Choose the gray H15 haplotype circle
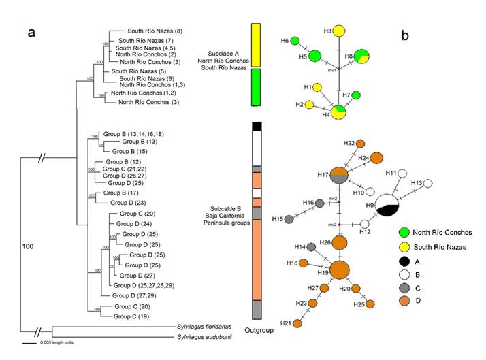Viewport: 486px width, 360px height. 288,219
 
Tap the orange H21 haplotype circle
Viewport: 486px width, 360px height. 297,323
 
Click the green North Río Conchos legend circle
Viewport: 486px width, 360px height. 403,233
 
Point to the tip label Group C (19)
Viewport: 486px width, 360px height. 131,316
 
